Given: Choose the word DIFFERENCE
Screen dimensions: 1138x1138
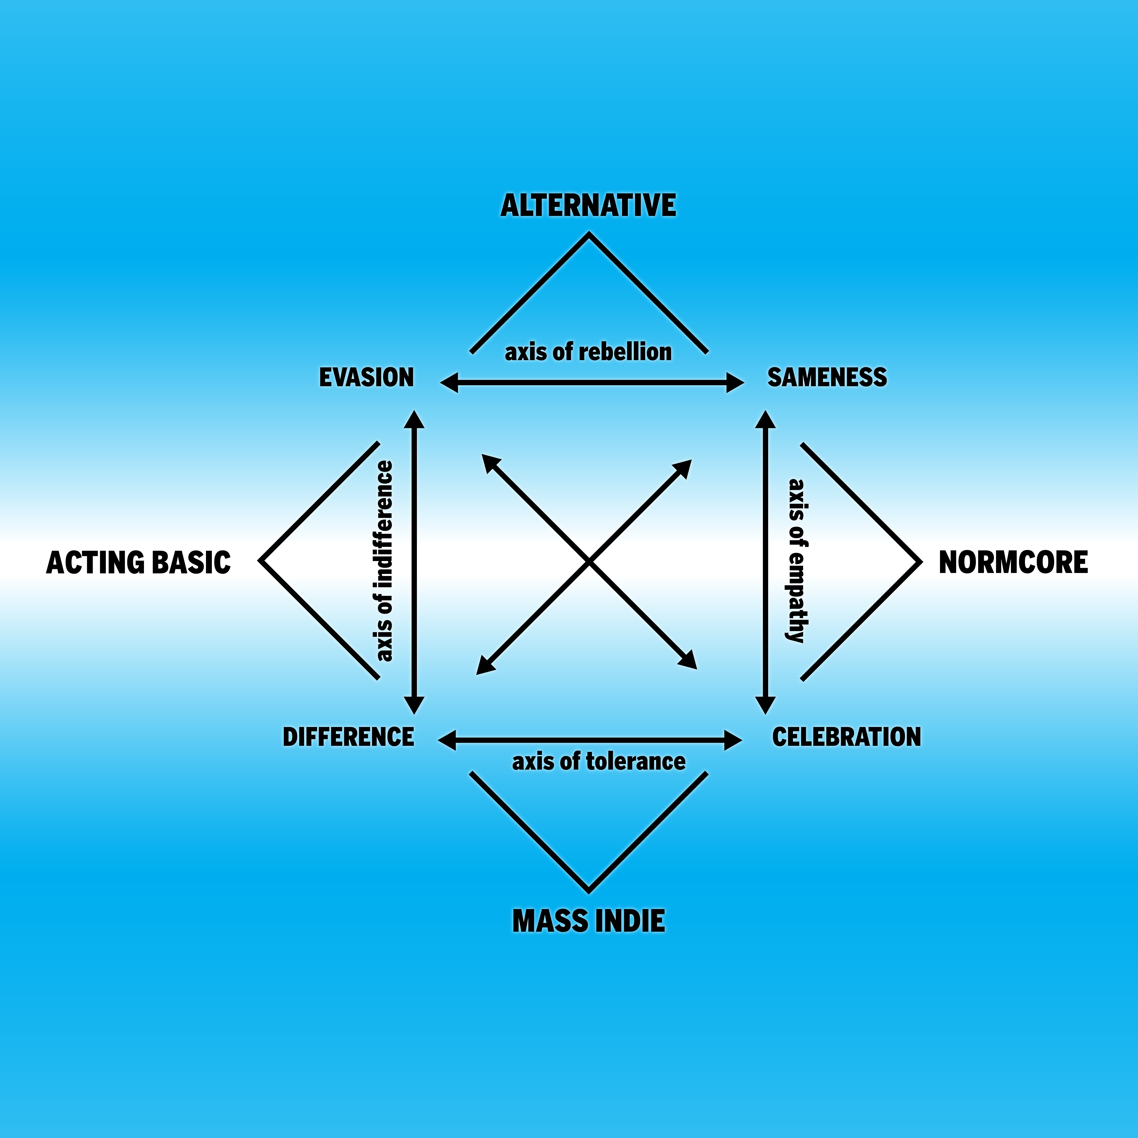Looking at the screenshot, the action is [348, 737].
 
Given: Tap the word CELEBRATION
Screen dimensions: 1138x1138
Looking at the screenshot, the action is [846, 737].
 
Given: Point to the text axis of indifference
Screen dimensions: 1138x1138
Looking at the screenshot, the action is [384, 561].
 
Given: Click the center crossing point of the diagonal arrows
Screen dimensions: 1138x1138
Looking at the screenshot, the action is [589, 563].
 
